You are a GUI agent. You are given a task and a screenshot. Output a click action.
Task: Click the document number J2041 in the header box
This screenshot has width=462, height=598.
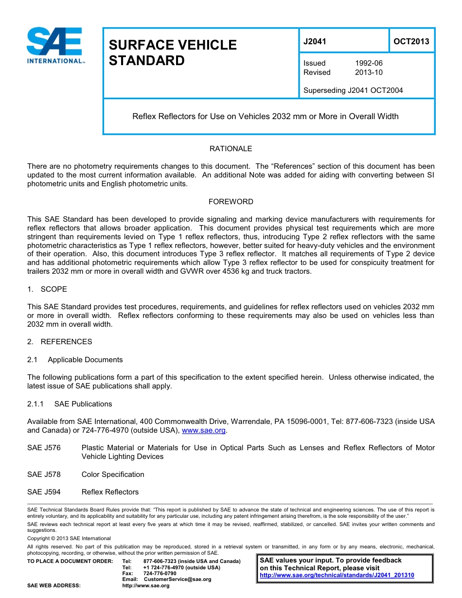315,41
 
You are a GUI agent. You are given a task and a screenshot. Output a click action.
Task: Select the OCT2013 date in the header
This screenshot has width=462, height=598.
411,41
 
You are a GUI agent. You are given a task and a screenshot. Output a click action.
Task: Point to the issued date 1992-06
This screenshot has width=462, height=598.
369,63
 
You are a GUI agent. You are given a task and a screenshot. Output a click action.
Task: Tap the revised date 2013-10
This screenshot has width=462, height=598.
369,72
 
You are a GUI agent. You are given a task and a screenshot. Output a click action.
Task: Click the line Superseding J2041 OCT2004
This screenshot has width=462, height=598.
353,90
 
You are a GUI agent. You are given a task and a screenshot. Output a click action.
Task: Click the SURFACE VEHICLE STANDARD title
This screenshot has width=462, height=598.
173,53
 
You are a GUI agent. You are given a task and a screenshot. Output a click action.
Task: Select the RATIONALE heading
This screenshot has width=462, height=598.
231,149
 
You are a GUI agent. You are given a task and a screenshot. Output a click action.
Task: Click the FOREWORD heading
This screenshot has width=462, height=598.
231,202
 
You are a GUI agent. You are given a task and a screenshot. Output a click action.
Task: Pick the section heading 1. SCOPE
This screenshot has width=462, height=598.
47,289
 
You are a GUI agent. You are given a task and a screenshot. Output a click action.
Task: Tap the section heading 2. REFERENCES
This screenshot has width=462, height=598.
59,342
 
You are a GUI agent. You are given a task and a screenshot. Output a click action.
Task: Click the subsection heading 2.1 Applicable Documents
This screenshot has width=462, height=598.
75,360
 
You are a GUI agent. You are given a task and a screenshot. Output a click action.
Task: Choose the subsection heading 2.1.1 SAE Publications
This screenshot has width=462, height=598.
70,404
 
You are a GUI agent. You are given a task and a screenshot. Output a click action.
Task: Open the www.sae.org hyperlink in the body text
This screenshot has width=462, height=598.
203,431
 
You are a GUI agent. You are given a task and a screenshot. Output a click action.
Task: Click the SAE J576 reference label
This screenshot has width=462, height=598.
44,448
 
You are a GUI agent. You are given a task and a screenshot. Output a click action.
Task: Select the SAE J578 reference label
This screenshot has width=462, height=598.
44,475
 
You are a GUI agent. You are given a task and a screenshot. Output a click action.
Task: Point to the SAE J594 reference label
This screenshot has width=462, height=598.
44,492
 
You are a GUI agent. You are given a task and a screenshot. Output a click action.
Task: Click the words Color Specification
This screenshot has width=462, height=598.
113,475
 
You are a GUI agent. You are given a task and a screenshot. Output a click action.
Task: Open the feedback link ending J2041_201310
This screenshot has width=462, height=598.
337,575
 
